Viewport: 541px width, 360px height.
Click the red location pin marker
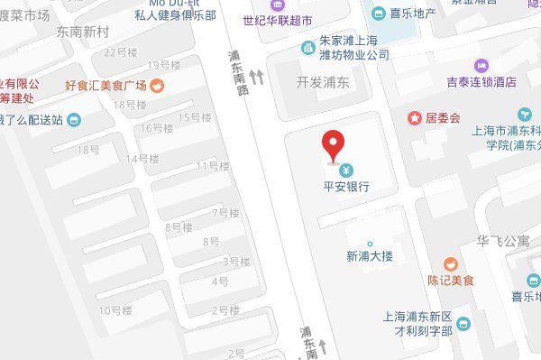(334, 144)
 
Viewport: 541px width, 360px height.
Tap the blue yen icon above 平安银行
(345, 170)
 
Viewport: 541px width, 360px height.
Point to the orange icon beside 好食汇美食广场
(157, 85)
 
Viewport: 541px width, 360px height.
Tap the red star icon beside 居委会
(414, 117)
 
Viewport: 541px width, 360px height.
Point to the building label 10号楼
(115, 310)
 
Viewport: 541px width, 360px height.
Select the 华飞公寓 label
(503, 242)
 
